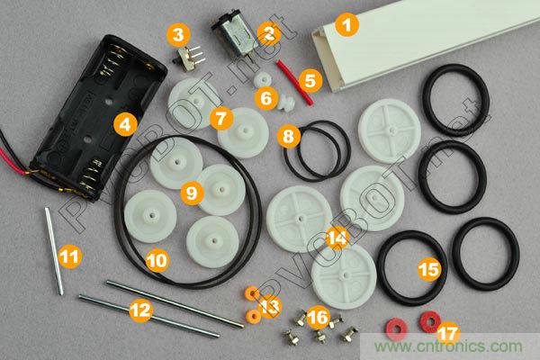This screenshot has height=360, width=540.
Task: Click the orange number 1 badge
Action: point(347,25)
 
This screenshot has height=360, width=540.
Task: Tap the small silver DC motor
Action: point(234,32)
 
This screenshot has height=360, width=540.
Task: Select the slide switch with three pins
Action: point(189,58)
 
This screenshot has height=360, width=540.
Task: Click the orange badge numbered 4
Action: point(125,124)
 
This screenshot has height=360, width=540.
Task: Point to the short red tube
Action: point(295,82)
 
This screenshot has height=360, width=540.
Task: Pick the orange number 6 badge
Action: point(266,98)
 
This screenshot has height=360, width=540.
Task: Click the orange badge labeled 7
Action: point(221,119)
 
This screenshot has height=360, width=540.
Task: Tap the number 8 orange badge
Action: point(289,137)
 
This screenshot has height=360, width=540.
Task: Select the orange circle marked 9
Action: point(193,193)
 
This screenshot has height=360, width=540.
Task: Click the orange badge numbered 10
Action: point(157,260)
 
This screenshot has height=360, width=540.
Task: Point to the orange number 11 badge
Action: point(70,256)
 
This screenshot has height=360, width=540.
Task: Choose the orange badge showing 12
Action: point(141,310)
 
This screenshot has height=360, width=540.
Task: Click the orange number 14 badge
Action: point(337,238)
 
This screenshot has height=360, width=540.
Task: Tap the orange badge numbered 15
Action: point(429,269)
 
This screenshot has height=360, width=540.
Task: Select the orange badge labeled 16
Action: point(319,317)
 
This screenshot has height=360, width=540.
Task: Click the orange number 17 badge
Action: point(448,334)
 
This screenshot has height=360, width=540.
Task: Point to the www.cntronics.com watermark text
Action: point(448,346)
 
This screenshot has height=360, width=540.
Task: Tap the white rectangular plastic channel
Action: point(426,45)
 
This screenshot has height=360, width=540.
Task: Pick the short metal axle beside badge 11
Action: point(54,251)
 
